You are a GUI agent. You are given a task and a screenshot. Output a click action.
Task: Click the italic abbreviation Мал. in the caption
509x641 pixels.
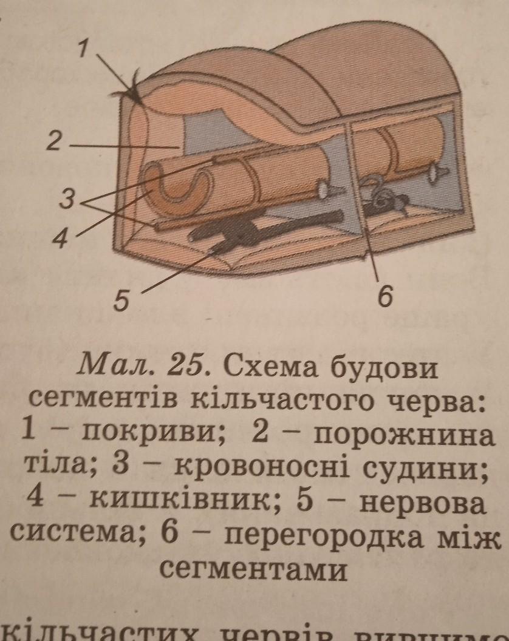coord(115,366)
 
